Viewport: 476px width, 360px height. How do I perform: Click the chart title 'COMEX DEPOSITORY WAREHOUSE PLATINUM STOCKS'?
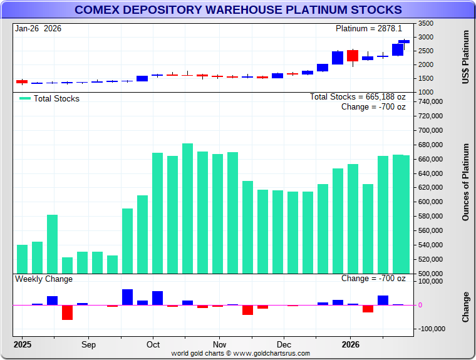click(238, 10)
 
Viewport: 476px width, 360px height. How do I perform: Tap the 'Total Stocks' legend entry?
click(49, 98)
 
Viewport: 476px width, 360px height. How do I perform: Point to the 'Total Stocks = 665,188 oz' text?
click(358, 97)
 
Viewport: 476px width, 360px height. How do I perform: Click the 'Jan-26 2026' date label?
click(38, 29)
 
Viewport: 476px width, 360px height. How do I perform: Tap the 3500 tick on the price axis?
click(426, 23)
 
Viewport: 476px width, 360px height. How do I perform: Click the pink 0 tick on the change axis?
click(420, 305)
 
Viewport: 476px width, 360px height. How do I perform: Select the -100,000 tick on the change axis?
click(430, 329)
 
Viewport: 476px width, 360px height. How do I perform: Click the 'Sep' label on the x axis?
click(88, 344)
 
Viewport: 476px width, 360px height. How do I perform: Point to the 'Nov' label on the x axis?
click(219, 344)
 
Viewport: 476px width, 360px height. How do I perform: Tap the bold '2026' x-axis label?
click(349, 344)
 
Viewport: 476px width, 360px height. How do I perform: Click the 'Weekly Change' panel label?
click(44, 279)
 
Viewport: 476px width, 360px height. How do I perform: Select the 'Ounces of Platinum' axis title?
click(465, 182)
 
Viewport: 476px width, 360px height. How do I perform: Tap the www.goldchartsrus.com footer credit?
click(241, 354)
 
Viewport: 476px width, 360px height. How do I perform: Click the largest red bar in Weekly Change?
click(67, 312)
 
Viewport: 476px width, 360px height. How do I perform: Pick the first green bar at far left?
click(22, 259)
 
